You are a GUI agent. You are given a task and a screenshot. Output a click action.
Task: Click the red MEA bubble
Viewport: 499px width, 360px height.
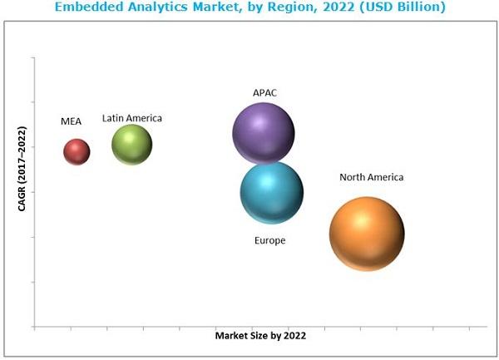(77, 151)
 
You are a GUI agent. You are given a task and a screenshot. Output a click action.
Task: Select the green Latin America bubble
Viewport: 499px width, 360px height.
(132, 145)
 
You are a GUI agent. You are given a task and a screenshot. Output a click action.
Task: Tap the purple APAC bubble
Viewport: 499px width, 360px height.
(264, 132)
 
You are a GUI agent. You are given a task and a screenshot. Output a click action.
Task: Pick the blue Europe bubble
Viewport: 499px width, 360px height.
(272, 193)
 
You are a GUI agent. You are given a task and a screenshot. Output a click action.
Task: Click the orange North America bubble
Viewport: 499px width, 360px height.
(367, 234)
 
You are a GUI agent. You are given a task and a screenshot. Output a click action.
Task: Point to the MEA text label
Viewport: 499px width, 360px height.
(72, 121)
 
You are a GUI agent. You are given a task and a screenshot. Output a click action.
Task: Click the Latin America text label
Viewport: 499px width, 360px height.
(132, 118)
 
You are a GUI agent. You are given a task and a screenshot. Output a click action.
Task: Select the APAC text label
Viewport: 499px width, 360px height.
(264, 92)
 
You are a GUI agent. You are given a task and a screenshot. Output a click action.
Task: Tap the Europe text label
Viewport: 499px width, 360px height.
(269, 240)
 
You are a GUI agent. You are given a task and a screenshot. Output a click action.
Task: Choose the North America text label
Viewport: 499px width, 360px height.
(371, 177)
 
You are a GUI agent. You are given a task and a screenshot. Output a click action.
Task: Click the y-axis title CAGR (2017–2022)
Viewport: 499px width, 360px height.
(22, 169)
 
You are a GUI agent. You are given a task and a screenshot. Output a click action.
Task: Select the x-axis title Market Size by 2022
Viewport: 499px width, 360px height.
(260, 336)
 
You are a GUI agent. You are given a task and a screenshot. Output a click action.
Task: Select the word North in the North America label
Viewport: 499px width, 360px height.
(352, 177)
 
